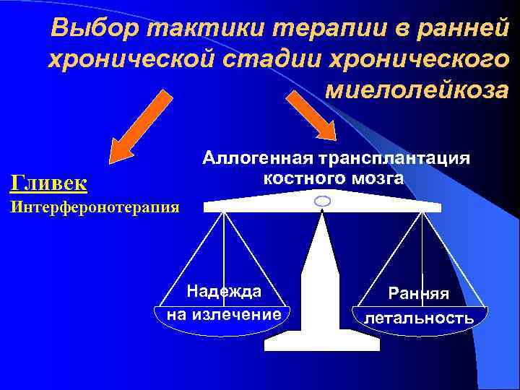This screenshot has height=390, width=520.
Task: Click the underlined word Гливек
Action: tap(48, 182)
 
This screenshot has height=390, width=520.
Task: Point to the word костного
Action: tap(295, 178)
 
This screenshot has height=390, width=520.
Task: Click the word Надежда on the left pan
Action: tap(224, 291)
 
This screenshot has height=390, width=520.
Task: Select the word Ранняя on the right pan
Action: tap(418, 293)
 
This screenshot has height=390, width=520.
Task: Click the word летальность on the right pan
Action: tap(419, 317)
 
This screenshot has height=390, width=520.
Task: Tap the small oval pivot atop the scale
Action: tap(323, 200)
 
